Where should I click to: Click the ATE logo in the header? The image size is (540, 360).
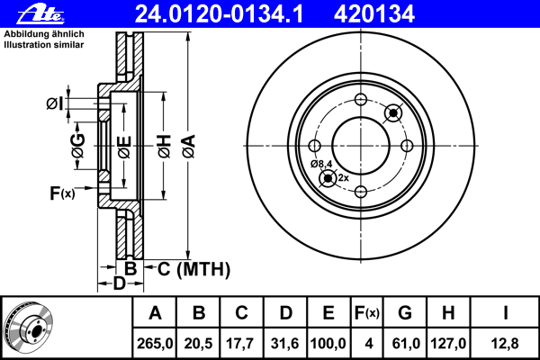pyautogui.click(x=41, y=14)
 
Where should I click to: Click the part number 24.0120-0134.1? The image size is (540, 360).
pyautogui.click(x=219, y=14)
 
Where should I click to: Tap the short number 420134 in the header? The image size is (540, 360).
pyautogui.click(x=374, y=14)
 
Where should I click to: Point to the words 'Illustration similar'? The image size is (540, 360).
pyautogui.click(x=44, y=45)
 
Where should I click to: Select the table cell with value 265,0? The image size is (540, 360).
pyautogui.click(x=155, y=344)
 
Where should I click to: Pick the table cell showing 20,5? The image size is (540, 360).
pyautogui.click(x=198, y=344)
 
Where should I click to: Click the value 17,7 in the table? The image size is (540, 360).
pyautogui.click(x=242, y=344)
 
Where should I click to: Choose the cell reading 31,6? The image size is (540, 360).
pyautogui.click(x=285, y=344)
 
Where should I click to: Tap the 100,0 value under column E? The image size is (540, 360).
pyautogui.click(x=328, y=344)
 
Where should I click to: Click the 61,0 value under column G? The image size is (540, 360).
pyautogui.click(x=405, y=344)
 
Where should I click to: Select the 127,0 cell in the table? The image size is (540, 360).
pyautogui.click(x=448, y=344)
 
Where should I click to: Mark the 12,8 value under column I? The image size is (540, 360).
pyautogui.click(x=505, y=344)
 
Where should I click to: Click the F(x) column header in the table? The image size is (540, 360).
pyautogui.click(x=367, y=313)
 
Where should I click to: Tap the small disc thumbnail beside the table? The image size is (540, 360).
pyautogui.click(x=28, y=327)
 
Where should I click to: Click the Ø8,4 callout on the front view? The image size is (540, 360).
pyautogui.click(x=321, y=164)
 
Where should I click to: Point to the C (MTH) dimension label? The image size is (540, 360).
pyautogui.click(x=193, y=269)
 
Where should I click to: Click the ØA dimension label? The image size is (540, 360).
pyautogui.click(x=189, y=146)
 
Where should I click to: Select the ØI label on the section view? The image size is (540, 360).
pyautogui.click(x=55, y=103)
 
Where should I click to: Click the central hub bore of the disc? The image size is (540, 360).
pyautogui.click(x=361, y=146)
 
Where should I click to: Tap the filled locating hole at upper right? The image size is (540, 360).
pyautogui.click(x=393, y=112)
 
